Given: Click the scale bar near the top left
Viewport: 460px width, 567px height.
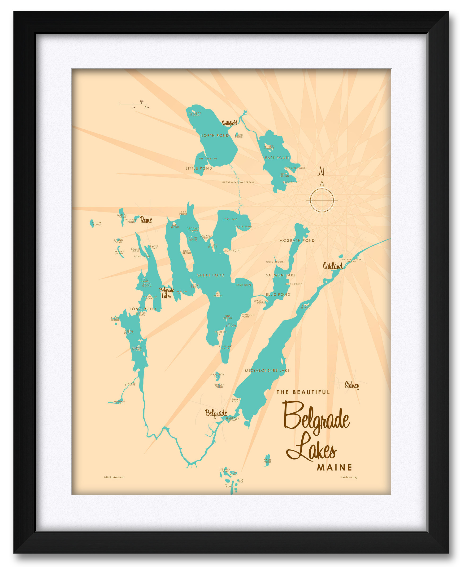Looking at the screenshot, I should (133, 104).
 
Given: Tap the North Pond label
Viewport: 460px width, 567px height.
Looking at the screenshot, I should (214, 136).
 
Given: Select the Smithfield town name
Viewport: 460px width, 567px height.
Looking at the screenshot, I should (230, 123).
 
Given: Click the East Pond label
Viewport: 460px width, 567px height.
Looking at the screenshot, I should (277, 158).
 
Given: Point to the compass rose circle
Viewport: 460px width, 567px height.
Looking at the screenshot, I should (322, 200).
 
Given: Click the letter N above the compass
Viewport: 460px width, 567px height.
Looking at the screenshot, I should (321, 171).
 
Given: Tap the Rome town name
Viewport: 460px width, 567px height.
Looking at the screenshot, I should (146, 220).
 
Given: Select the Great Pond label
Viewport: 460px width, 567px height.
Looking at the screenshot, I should (210, 275).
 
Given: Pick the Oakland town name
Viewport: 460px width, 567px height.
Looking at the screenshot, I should (333, 266).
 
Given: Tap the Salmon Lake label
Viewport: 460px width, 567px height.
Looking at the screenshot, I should (281, 275).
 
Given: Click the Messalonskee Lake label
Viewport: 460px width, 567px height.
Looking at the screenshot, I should (267, 371).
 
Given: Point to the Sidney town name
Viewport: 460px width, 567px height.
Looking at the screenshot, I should (352, 385).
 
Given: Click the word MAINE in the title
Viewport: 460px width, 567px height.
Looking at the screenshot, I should (334, 467).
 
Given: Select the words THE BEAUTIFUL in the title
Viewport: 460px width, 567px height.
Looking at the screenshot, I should (303, 392).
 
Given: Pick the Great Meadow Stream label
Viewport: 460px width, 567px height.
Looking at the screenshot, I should (238, 182).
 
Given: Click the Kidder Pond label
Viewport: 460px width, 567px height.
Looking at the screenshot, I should (97, 224).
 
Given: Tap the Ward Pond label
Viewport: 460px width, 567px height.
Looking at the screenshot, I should (267, 461).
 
